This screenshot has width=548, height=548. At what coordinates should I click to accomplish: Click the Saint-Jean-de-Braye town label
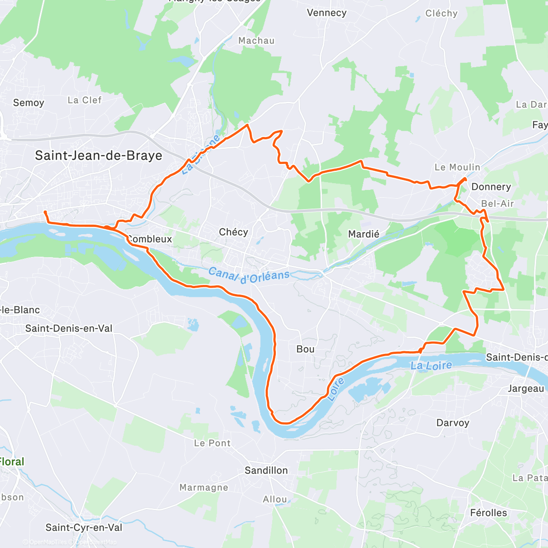pyautogui.click(x=99, y=156)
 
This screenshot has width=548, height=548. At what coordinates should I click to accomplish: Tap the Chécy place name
pyautogui.click(x=233, y=232)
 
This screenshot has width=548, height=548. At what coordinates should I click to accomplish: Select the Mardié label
pyautogui.click(x=364, y=234)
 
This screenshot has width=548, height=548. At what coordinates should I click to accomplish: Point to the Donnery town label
pyautogui.click(x=491, y=187)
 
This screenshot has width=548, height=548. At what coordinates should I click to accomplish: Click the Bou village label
pyautogui.click(x=305, y=349)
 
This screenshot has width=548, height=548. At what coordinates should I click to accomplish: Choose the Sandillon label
pyautogui.click(x=266, y=470)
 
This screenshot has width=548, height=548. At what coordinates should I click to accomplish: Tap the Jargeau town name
pyautogui.click(x=526, y=389)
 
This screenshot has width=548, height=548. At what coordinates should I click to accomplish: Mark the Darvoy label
pyautogui.click(x=453, y=423)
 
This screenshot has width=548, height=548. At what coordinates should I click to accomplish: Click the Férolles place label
pyautogui.click(x=488, y=513)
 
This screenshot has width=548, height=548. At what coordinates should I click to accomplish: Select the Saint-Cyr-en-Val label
pyautogui.click(x=84, y=528)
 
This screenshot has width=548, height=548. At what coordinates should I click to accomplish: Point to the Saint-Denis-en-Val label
pyautogui.click(x=68, y=328)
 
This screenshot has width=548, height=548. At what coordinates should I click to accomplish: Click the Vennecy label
pyautogui.click(x=327, y=13)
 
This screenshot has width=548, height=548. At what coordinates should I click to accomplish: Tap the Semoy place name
pyautogui.click(x=28, y=103)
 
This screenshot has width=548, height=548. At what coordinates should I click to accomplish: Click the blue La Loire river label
pyautogui.click(x=431, y=365)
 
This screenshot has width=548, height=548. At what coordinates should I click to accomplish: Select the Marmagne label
pyautogui.click(x=204, y=488)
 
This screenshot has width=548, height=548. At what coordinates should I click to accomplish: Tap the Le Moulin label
pyautogui.click(x=457, y=167)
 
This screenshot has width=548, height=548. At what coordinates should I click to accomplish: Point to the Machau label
pyautogui.click(x=256, y=41)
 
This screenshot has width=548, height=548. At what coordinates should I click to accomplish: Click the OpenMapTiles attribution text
pyautogui.click(x=47, y=542)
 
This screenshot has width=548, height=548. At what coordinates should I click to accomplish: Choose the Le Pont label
pyautogui.click(x=212, y=443)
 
